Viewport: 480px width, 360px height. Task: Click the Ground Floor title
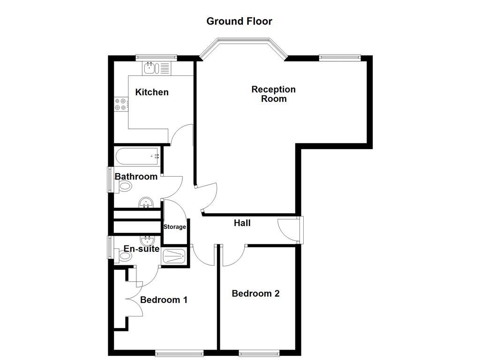click(x=239, y=21)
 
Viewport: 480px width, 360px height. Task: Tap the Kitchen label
click(x=151, y=92)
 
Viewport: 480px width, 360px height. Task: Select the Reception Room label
click(x=273, y=94)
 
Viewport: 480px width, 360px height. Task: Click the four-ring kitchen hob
click(x=120, y=104)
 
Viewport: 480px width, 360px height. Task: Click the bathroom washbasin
click(x=147, y=202)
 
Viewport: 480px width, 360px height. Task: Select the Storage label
click(x=174, y=227)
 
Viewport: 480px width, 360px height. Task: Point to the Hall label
click(x=242, y=223)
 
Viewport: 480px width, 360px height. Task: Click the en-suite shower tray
click(x=174, y=256)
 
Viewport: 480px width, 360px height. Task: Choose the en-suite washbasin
click(x=147, y=240)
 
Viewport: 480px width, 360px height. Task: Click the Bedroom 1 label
click(x=164, y=300)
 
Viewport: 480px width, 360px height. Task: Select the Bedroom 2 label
click(x=255, y=293)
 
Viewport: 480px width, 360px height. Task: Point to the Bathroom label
click(x=136, y=177)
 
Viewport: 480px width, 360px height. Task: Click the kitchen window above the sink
click(x=156, y=57)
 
